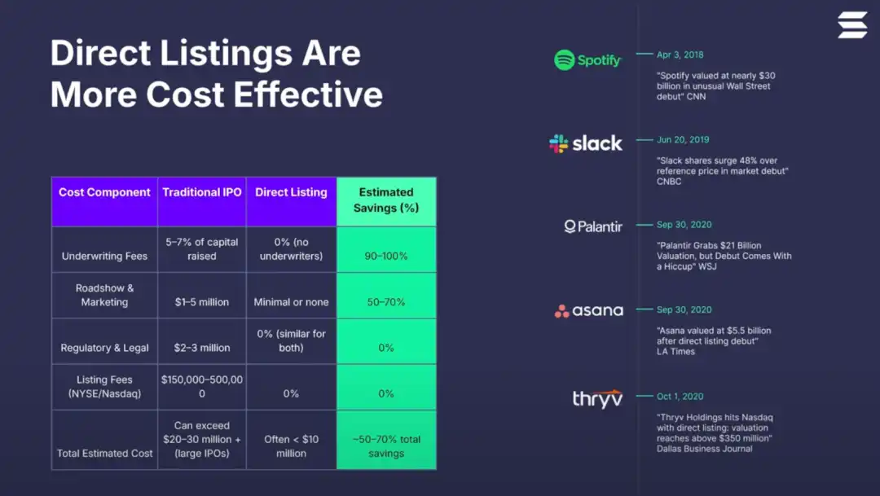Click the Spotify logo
pos(587,59)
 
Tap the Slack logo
pos(586,143)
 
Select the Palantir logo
pos(593,226)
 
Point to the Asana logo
pos(588,310)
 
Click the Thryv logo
pos(596,398)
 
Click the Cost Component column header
pos(104,193)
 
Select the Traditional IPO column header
pos(202,193)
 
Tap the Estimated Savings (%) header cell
pos(386,200)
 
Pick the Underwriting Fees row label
pos(104,256)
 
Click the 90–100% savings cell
pos(386,256)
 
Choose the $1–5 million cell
pos(202,302)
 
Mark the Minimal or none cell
pos(291,302)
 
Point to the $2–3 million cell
pos(202,348)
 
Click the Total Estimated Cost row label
pos(104,453)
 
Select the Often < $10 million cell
pos(291,446)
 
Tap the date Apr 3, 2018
pos(680,55)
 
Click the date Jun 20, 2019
pos(683,140)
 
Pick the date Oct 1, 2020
pos(680,397)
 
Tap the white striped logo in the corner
pos(852,24)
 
